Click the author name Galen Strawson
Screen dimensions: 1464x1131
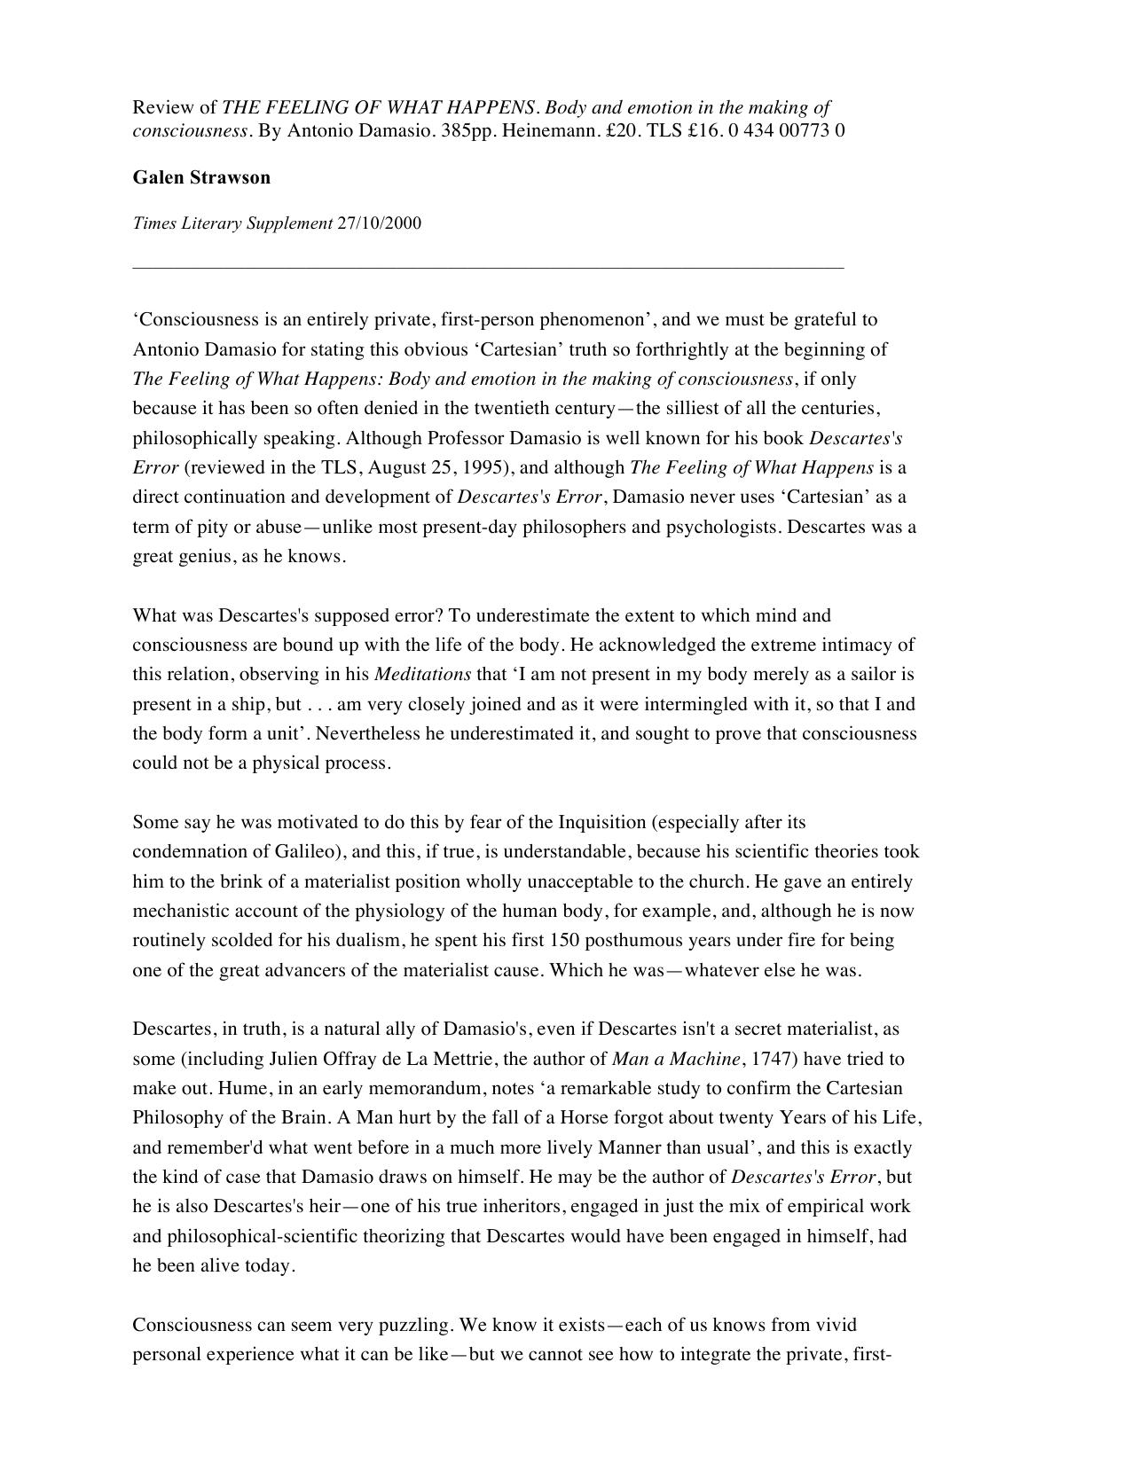point(201,177)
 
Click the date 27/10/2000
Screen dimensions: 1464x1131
point(379,223)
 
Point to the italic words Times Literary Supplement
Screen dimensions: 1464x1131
point(232,223)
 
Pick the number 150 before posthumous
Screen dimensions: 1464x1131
point(564,940)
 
